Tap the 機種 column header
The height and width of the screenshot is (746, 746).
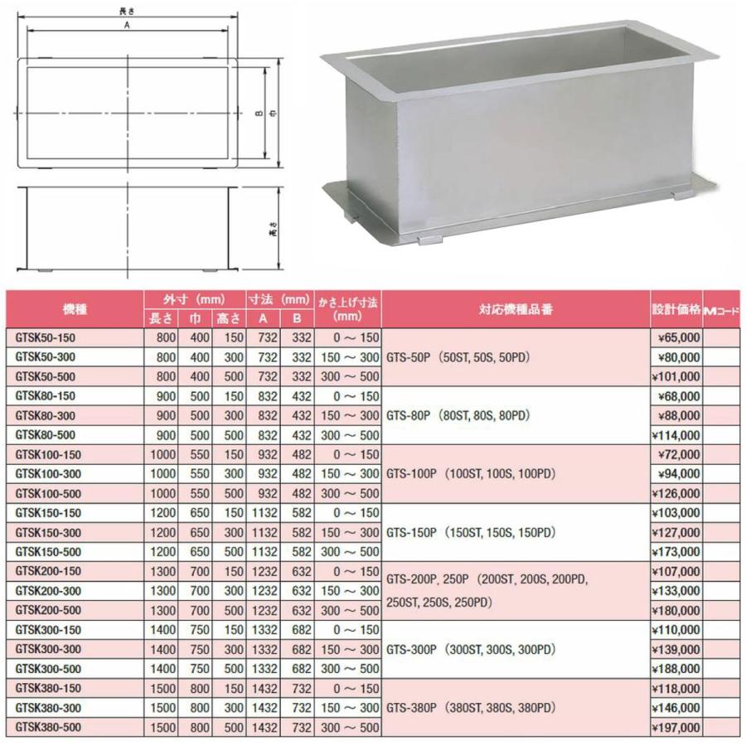click(x=75, y=309)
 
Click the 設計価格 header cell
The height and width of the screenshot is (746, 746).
click(x=676, y=309)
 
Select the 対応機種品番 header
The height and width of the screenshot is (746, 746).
click(x=516, y=309)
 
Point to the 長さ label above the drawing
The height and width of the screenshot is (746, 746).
click(x=128, y=9)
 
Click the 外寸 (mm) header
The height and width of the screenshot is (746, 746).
click(x=195, y=299)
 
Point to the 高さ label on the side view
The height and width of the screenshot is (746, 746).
click(x=273, y=233)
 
